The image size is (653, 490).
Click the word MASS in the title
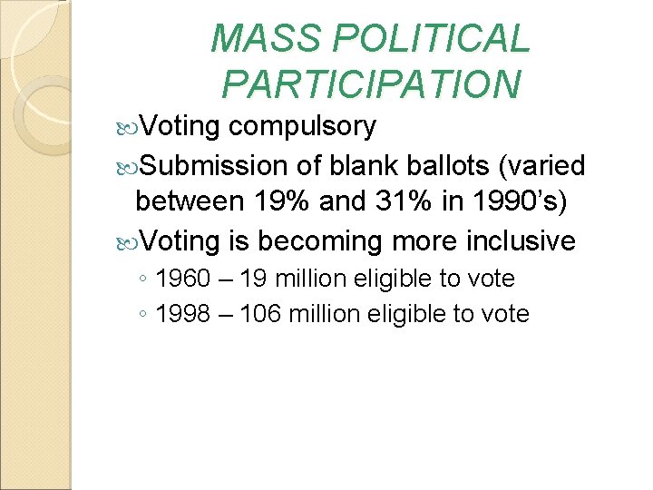coord(268,39)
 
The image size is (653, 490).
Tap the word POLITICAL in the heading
coord(432,39)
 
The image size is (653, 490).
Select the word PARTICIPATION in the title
coord(371,83)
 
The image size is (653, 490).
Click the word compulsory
coord(302,126)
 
